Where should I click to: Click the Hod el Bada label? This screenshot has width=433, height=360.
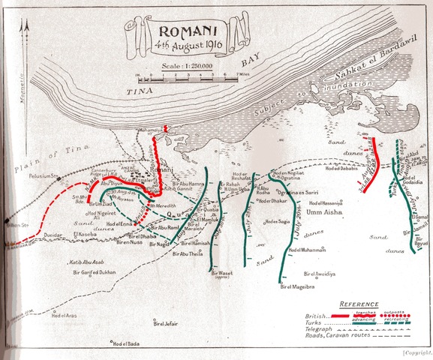click(128, 344)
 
